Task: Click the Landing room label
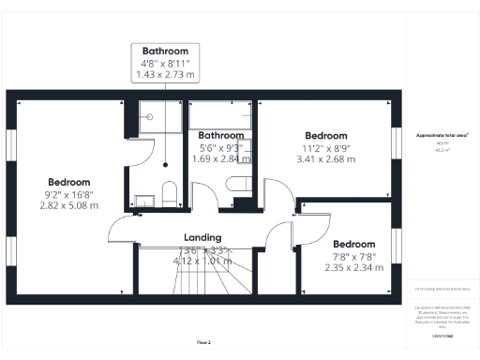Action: [203, 238]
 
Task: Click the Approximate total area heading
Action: [442, 135]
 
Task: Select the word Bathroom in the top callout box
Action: [165, 51]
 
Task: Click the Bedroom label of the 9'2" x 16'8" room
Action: [69, 182]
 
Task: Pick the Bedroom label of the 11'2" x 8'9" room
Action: [325, 136]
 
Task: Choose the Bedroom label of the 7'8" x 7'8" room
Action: [354, 244]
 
